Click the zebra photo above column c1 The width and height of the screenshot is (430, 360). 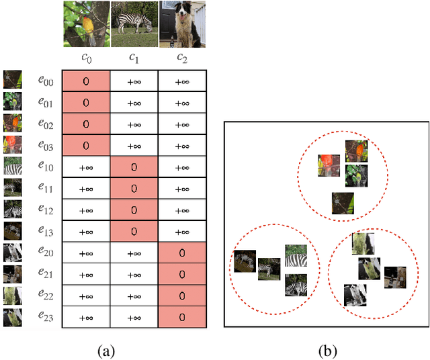[134, 24]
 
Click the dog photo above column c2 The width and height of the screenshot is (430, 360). [181, 24]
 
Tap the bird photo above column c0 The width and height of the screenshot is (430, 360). [87, 24]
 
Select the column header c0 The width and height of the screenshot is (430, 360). [86, 58]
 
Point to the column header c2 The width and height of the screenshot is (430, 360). [182, 58]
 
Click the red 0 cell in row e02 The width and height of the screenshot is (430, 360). [86, 124]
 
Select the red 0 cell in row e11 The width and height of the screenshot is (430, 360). [134, 188]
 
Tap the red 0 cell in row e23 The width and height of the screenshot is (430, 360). [182, 317]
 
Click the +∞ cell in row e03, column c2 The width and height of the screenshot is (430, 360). [182, 146]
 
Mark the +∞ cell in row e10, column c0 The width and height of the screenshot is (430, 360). [86, 167]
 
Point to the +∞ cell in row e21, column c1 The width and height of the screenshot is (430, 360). [134, 274]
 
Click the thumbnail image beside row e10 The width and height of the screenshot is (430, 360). [12, 166]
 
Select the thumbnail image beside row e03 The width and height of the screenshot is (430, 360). [12, 144]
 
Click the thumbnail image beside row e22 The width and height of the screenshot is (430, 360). [12, 296]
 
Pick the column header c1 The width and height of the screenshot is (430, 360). [134, 58]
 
